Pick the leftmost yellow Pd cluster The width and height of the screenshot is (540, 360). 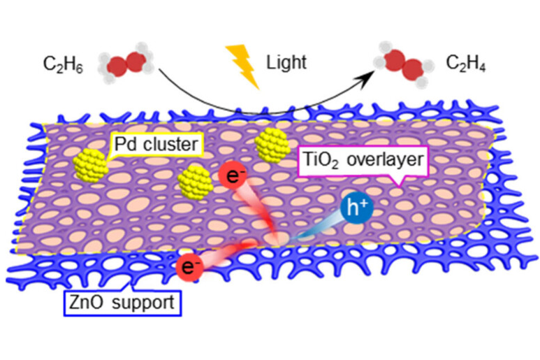click(91, 165)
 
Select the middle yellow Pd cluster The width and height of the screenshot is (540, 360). click(192, 183)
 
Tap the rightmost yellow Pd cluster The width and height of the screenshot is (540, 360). click(271, 145)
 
